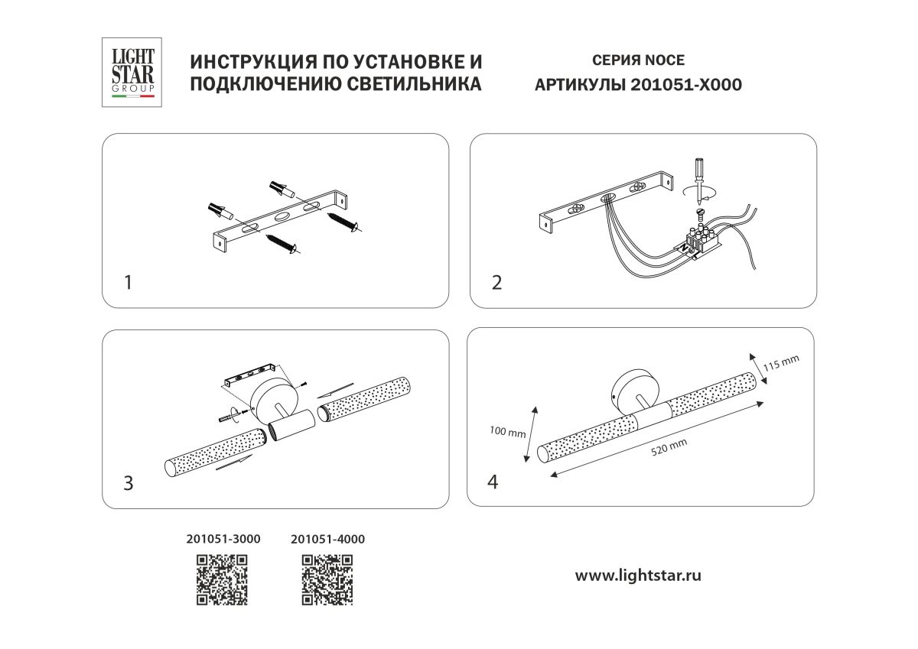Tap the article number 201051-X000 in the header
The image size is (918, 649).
click(x=685, y=85)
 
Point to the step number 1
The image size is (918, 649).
click(x=128, y=283)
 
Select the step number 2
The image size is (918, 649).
click(x=496, y=283)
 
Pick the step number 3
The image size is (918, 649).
click(x=128, y=483)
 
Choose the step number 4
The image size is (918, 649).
click(x=493, y=482)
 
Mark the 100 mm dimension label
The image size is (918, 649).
click(x=507, y=433)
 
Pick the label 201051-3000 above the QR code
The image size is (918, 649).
click(x=223, y=539)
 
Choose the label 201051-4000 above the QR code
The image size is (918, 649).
click(x=328, y=539)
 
